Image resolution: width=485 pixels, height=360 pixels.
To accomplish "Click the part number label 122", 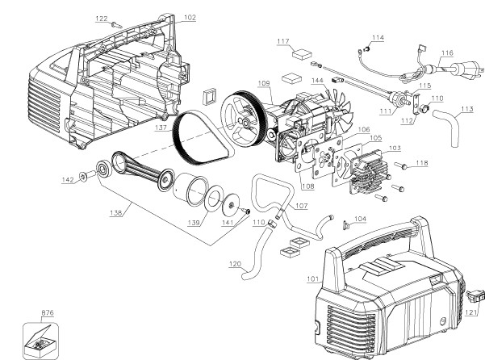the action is [102, 19].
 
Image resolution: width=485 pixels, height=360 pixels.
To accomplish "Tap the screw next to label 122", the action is [116, 25].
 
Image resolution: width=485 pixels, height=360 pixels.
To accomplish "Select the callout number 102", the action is [190, 18].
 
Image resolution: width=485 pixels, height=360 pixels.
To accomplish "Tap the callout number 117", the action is [283, 41].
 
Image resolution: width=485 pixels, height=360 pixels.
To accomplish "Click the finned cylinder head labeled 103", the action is [369, 172].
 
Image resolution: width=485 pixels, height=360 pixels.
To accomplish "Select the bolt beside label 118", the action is [400, 165].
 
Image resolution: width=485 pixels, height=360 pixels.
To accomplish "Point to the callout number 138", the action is [115, 213].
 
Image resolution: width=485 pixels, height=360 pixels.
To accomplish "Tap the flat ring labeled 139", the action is [215, 199].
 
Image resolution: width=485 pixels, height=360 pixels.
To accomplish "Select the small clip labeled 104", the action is [346, 226].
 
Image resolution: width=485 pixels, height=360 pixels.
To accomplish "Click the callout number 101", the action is [313, 278].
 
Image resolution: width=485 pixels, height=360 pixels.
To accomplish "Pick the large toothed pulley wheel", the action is [244, 119].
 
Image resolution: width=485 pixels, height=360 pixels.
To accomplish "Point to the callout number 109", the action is [264, 83].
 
